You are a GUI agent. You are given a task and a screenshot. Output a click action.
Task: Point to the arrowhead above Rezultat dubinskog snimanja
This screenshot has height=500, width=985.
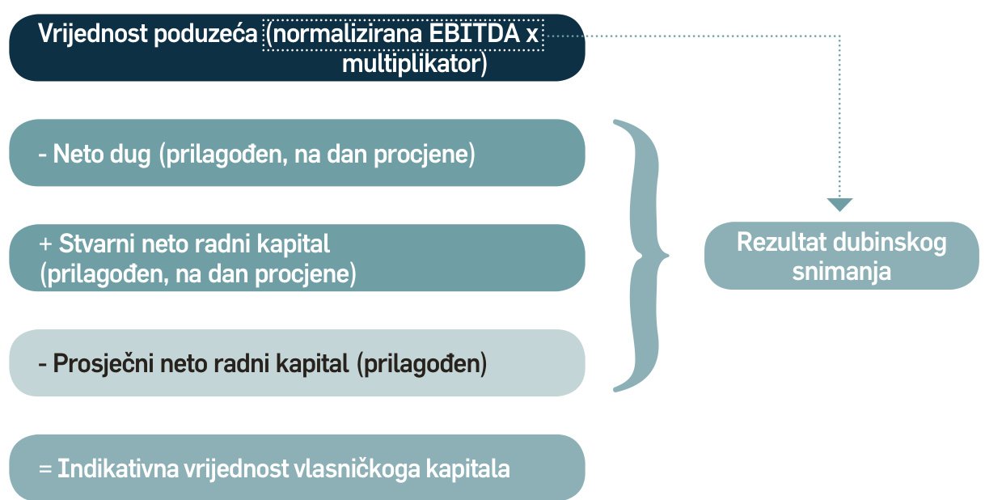(840, 204)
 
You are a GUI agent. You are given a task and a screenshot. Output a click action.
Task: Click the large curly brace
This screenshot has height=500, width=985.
(642, 256)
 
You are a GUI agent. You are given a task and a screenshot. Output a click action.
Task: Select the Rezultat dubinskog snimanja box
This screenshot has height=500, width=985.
(841, 256)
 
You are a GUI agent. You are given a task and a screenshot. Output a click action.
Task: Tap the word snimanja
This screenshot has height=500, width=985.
(841, 271)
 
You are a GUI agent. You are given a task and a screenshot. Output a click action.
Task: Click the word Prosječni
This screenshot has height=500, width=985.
(104, 364)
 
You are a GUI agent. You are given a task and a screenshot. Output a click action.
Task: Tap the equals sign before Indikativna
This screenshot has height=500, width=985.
(45, 469)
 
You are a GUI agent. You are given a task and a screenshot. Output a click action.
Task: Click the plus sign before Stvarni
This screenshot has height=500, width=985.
(45, 244)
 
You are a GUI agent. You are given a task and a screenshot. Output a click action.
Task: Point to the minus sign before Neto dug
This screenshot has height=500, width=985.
(42, 155)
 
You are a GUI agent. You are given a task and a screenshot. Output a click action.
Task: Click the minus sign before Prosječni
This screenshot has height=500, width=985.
(42, 365)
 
